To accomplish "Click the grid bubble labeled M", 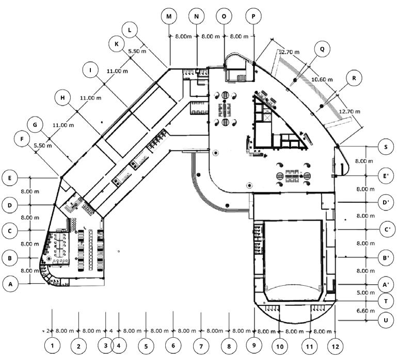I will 169,17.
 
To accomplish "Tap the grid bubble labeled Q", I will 322,50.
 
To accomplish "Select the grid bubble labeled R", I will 354,79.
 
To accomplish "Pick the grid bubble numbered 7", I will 201,346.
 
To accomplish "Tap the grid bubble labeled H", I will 62,97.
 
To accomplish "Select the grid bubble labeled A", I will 9,283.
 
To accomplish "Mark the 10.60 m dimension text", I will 323,79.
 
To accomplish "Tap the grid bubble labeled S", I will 385,146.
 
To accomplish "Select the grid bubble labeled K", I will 117,44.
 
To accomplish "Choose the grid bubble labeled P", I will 253,17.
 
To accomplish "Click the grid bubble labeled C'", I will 385,229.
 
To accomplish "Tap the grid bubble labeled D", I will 9,205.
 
